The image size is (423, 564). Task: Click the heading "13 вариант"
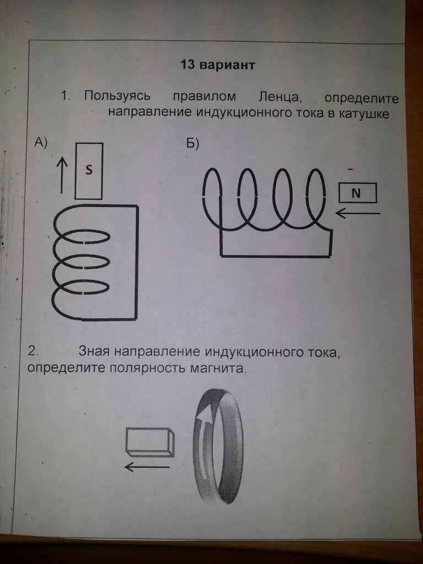218,65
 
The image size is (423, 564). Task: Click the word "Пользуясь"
117,96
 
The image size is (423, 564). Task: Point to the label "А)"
41,143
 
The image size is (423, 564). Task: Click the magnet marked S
89,171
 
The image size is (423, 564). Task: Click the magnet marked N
357,193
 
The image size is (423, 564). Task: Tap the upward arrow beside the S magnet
62,172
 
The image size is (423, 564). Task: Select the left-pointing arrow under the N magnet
358,213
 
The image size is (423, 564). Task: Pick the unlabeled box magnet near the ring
150,442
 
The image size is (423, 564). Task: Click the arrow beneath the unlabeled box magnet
147,467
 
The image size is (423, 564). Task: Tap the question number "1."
66,95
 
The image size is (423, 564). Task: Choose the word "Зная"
95,351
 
